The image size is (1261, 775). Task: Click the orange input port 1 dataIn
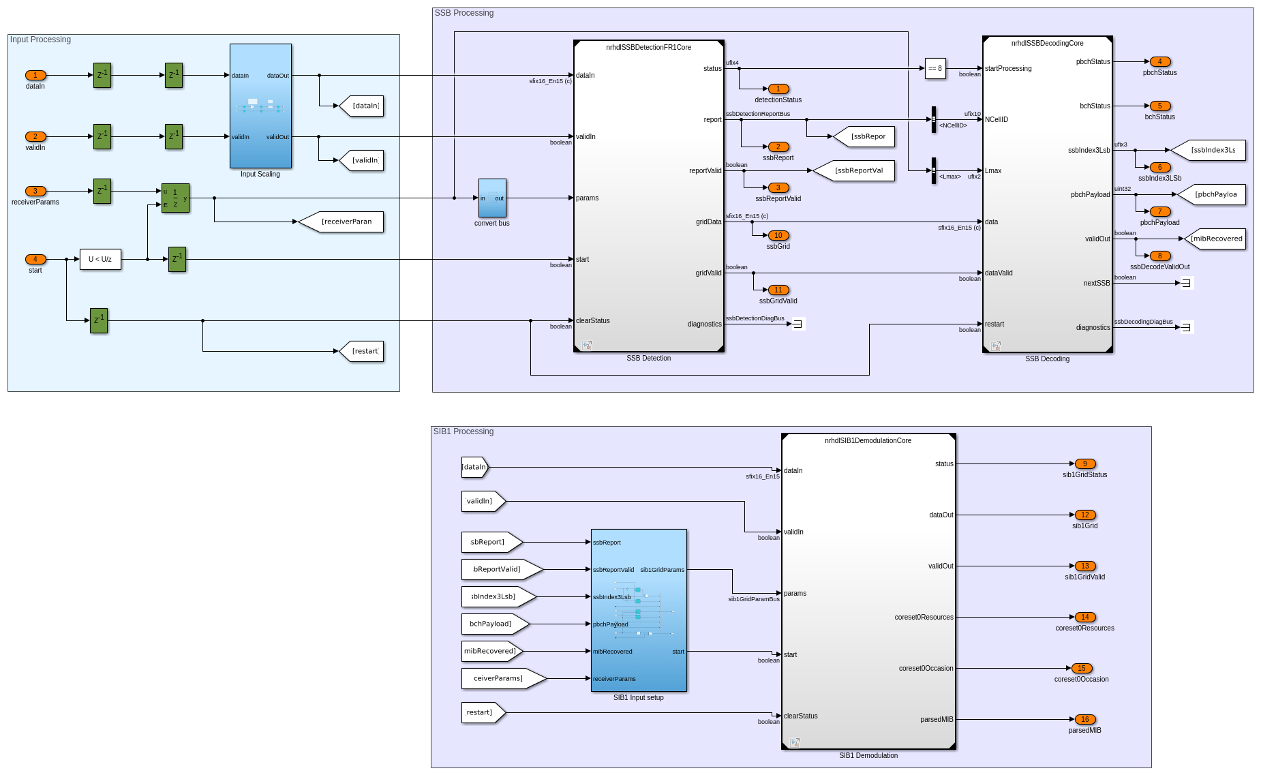click(x=35, y=75)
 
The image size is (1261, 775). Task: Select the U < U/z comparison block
click(x=100, y=259)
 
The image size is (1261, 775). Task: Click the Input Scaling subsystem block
click(x=260, y=106)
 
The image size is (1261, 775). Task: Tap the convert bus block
click(x=492, y=198)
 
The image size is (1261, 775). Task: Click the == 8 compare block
click(x=935, y=68)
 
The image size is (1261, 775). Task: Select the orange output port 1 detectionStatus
click(x=778, y=89)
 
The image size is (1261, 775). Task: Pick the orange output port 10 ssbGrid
click(x=778, y=235)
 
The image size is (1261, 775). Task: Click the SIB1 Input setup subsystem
click(x=639, y=610)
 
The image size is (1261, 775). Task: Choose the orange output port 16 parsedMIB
click(x=1084, y=719)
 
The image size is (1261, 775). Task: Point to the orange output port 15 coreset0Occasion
click(x=1082, y=668)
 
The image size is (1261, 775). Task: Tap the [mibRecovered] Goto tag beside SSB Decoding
click(x=1215, y=239)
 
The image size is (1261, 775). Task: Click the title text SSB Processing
click(x=464, y=13)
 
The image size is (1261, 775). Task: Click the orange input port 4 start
click(x=35, y=259)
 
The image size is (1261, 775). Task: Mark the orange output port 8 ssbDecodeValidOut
click(x=1159, y=256)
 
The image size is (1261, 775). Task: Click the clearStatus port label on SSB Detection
click(x=592, y=320)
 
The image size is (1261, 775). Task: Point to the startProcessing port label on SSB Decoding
click(x=1008, y=68)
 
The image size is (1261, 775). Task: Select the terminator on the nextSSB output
click(x=1187, y=283)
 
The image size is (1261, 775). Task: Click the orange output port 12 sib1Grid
click(x=1084, y=515)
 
